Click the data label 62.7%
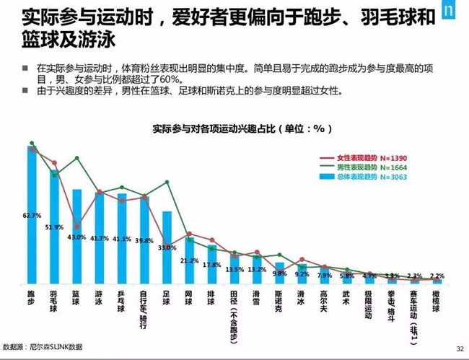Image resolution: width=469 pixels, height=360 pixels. pyautogui.click(x=32, y=215)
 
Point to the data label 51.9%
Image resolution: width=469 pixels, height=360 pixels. pyautogui.click(x=54, y=227)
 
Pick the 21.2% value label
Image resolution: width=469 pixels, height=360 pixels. pyautogui.click(x=189, y=260)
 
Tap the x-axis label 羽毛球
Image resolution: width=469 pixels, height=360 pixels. pyautogui.click(x=54, y=302)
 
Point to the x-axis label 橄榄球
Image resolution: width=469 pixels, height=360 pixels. pyautogui.click(x=437, y=302)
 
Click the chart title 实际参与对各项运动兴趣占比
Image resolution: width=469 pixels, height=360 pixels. pyautogui.click(x=242, y=129)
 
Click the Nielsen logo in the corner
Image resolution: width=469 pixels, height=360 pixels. pyautogui.click(x=451, y=14)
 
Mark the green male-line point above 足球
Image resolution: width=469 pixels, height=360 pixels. pyautogui.click(x=167, y=182)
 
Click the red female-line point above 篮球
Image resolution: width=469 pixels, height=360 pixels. pyautogui.click(x=76, y=226)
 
